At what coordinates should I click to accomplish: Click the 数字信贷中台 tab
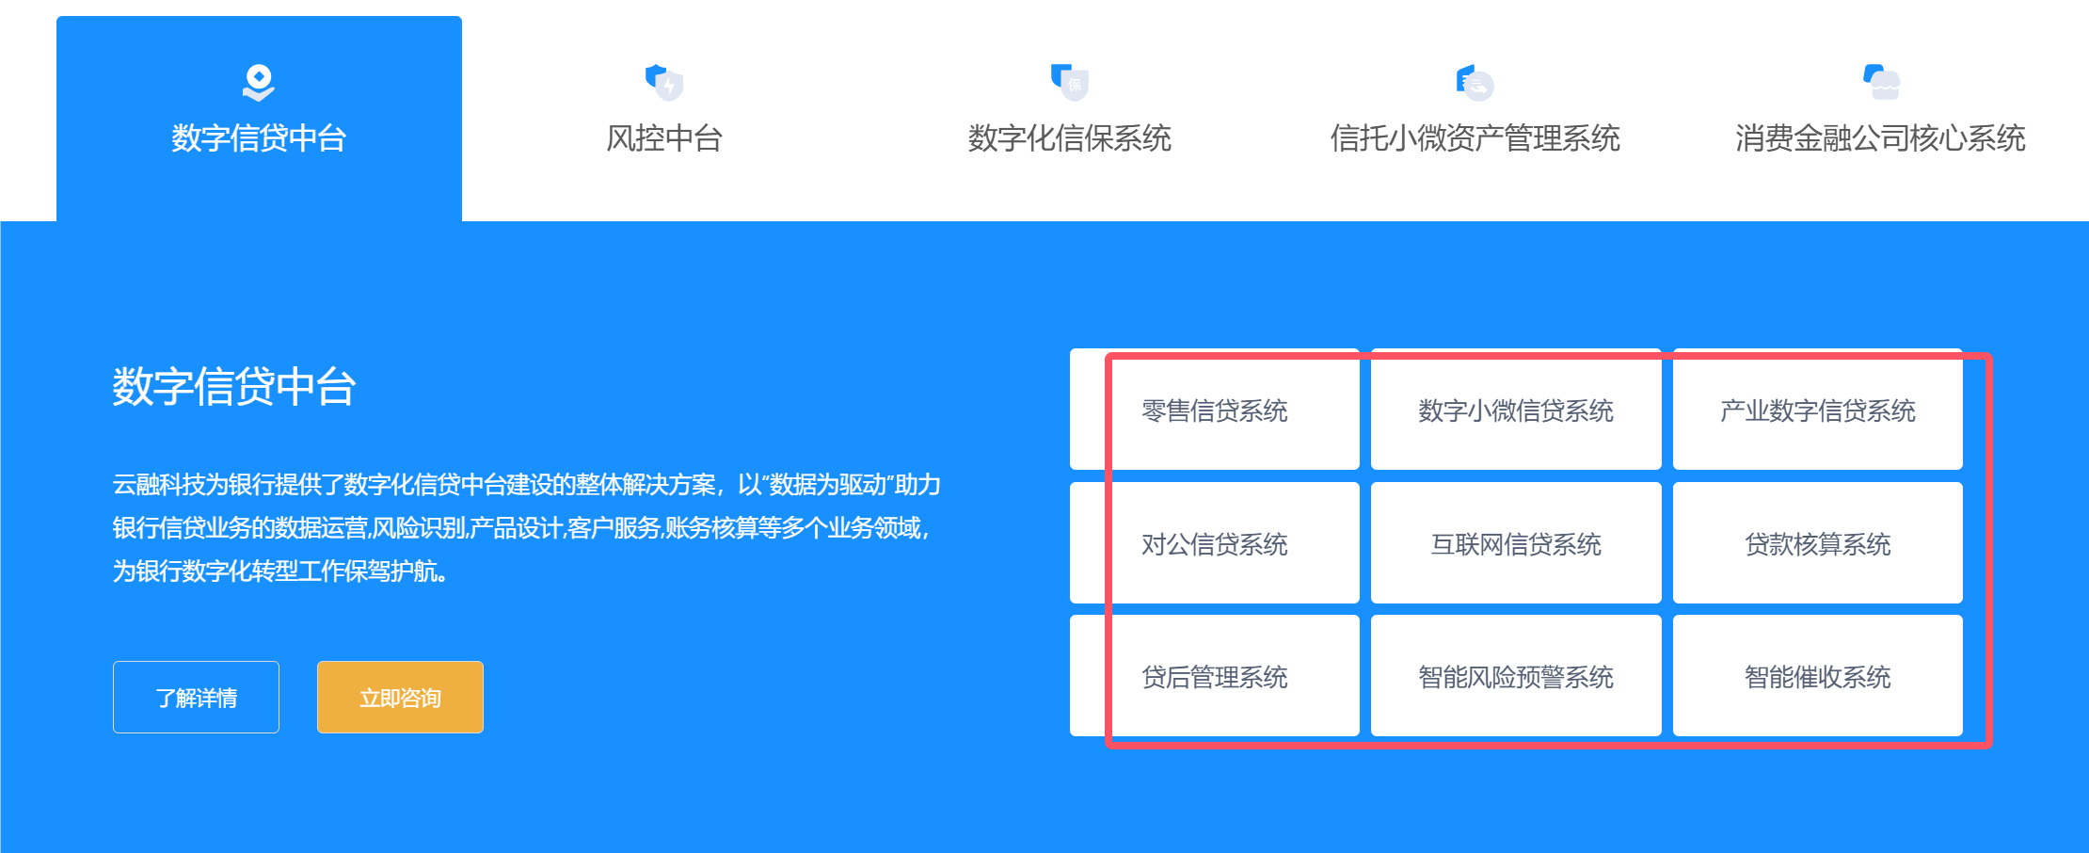point(259,138)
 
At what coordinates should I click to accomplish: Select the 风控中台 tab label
point(664,138)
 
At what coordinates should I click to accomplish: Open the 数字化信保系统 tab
point(1070,138)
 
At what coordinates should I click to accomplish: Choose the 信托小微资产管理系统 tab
point(1475,138)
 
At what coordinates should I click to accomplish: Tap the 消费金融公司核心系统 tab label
point(1880,138)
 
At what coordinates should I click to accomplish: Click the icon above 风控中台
point(664,82)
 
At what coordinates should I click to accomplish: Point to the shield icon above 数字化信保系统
point(1070,82)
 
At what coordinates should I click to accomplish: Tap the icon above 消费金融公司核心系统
point(1881,82)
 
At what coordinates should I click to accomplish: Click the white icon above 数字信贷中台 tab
point(259,82)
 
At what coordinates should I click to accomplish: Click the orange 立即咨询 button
point(400,697)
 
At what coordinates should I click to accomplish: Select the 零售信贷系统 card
point(1215,410)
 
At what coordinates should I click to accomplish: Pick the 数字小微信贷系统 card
point(1516,410)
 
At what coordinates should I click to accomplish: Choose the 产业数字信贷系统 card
point(1818,410)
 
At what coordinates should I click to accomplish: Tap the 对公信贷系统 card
point(1215,543)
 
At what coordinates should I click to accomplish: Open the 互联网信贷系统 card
point(1516,543)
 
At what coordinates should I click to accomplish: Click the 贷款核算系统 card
point(1818,543)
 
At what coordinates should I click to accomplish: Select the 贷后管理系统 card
point(1215,676)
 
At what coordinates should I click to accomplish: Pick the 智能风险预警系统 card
point(1516,676)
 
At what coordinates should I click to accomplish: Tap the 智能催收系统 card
point(1818,676)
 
